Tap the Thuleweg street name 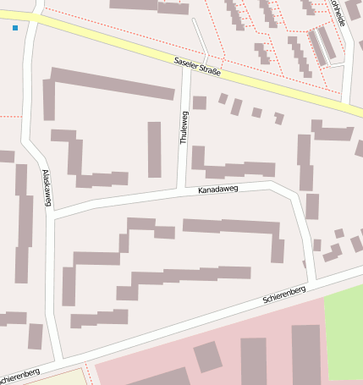pos(184,128)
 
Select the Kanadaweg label pos(218,190)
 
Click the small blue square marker pos(15,29)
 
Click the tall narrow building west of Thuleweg pos(154,149)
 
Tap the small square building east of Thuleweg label pos(200,102)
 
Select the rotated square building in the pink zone pos(207,357)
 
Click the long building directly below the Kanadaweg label pos(230,227)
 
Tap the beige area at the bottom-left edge pos(59,377)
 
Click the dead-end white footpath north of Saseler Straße pos(200,38)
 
